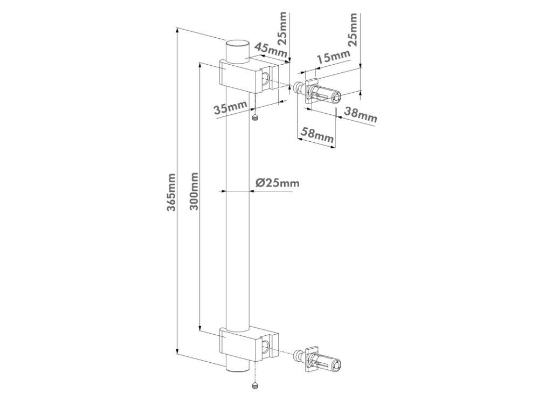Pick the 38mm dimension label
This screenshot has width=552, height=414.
pyautogui.click(x=360, y=114)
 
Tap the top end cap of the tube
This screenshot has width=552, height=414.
pyautogui.click(x=237, y=44)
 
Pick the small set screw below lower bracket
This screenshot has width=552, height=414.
pyautogui.click(x=254, y=385)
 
